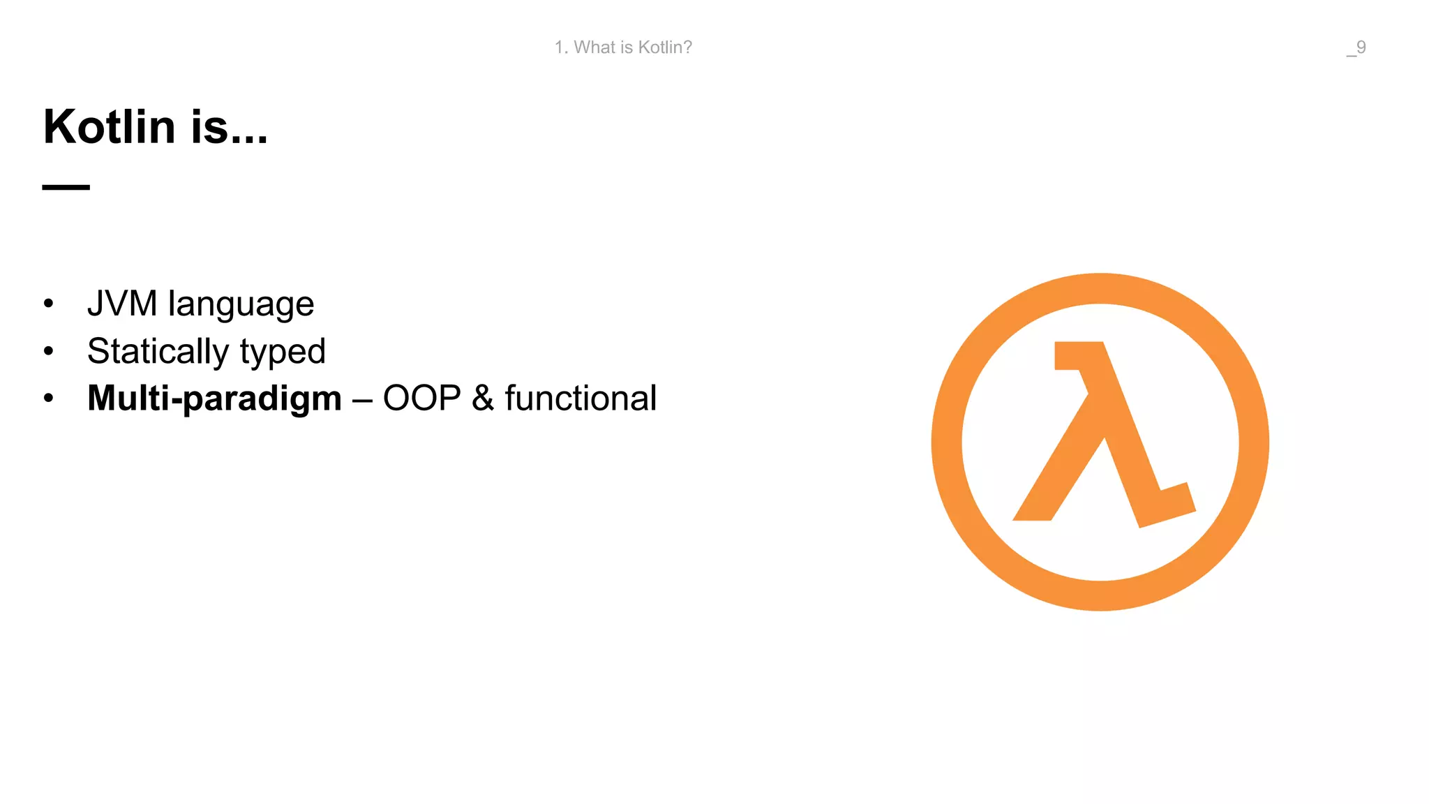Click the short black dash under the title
(x=66, y=187)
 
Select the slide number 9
(x=1361, y=47)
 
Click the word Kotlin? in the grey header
(x=665, y=47)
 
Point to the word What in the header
(x=594, y=47)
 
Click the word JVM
(x=122, y=304)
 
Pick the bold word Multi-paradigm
(x=214, y=399)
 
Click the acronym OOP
(x=421, y=399)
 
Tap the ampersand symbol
(x=483, y=399)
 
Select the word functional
(x=581, y=399)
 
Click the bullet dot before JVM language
(x=48, y=304)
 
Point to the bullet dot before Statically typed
(x=48, y=351)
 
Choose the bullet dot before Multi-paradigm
(x=48, y=398)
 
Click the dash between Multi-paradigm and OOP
(x=362, y=401)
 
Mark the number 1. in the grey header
(x=561, y=47)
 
